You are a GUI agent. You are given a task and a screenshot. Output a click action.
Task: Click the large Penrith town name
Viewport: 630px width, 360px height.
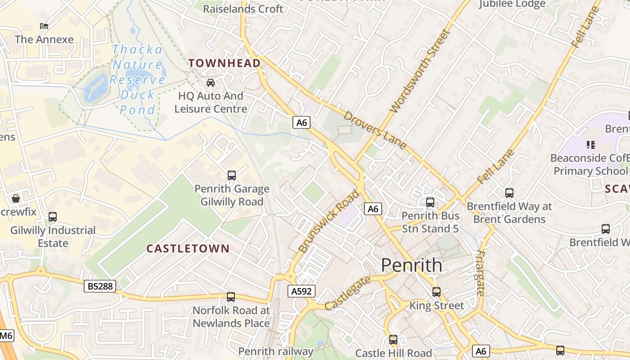411,265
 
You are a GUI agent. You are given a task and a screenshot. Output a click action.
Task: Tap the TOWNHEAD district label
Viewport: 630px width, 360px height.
225,63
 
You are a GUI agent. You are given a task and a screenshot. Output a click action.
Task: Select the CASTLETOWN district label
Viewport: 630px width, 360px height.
188,248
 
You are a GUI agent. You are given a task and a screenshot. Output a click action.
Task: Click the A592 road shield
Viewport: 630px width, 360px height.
301,291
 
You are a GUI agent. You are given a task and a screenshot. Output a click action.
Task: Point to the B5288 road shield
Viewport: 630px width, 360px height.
100,286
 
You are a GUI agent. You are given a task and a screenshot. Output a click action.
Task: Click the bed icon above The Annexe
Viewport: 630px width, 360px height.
44,26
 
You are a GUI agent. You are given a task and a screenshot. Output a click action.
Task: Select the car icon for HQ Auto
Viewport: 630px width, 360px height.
211,83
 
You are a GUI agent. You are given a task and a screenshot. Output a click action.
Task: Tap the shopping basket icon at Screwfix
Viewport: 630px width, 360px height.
16,198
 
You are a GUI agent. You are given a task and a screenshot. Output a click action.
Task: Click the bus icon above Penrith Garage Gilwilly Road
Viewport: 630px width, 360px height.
232,175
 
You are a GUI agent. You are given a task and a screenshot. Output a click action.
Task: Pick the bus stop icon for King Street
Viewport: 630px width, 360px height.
436,292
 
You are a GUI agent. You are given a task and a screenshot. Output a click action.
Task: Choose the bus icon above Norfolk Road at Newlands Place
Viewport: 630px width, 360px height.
231,297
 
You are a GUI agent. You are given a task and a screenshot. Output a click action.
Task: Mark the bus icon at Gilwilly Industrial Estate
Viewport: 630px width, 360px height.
53,217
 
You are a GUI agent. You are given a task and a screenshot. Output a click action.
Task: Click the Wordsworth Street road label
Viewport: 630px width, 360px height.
420,71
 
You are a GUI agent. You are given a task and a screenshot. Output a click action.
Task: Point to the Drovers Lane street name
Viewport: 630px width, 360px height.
375,130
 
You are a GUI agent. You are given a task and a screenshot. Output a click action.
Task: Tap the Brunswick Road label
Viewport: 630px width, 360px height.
328,221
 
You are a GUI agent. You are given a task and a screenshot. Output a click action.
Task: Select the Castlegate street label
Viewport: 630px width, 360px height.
347,293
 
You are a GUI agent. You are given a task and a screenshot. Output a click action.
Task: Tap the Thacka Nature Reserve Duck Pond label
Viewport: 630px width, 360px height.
138,80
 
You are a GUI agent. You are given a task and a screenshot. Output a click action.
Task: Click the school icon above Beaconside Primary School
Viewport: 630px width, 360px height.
591,145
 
